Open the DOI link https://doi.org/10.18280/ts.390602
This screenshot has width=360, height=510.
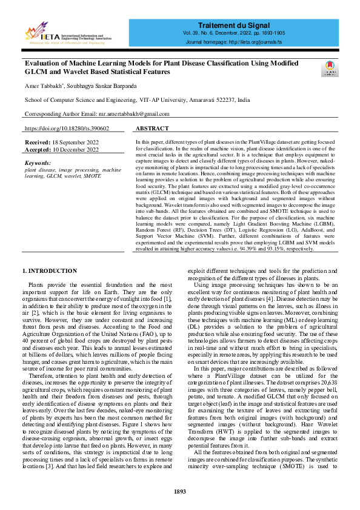coord(67,129)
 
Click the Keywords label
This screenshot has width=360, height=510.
coord(38,163)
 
